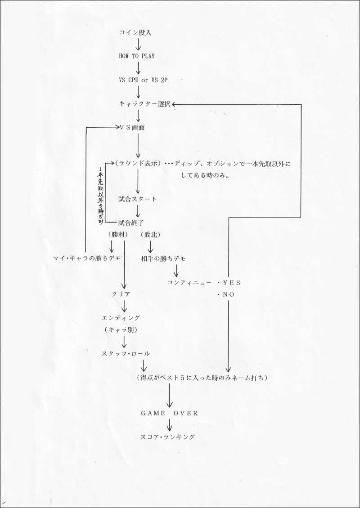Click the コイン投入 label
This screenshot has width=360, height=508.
click(x=135, y=33)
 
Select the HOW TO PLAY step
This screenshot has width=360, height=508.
click(x=136, y=56)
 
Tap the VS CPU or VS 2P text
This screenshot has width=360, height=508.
click(x=143, y=80)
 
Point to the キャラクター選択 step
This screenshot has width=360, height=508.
click(x=145, y=104)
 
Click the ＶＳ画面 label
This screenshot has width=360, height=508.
click(x=132, y=128)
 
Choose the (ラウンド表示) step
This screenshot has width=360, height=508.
click(x=138, y=164)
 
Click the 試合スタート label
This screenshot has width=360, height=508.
click(x=138, y=199)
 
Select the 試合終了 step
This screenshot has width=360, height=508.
click(x=130, y=223)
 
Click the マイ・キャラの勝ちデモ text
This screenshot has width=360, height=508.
click(x=86, y=258)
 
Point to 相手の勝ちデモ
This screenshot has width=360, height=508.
click(x=163, y=258)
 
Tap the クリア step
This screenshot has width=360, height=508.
click(x=121, y=294)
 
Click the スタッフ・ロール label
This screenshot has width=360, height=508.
click(x=126, y=353)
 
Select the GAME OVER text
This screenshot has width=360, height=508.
click(x=169, y=413)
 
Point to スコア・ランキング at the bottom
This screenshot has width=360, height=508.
click(x=168, y=437)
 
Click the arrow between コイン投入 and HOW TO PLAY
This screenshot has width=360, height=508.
click(x=138, y=44)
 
